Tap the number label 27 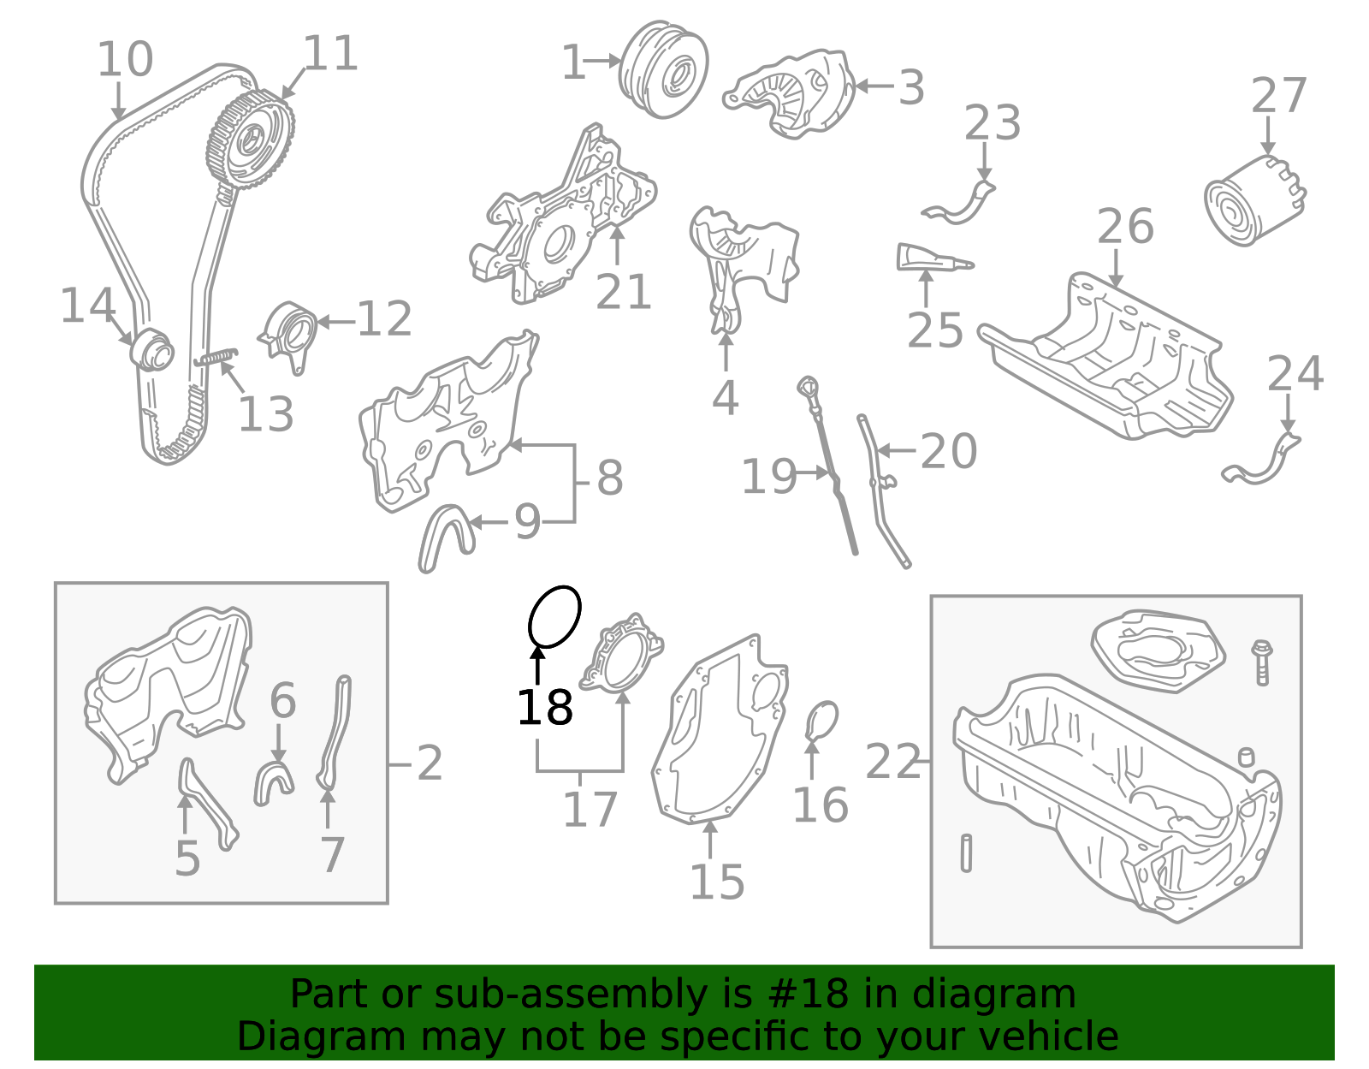(1278, 96)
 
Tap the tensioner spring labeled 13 (216, 356)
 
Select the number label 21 (623, 293)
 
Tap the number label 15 (717, 882)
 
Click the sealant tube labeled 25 (933, 258)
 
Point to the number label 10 (125, 60)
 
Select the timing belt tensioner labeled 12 (288, 336)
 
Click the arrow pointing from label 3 (873, 86)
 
